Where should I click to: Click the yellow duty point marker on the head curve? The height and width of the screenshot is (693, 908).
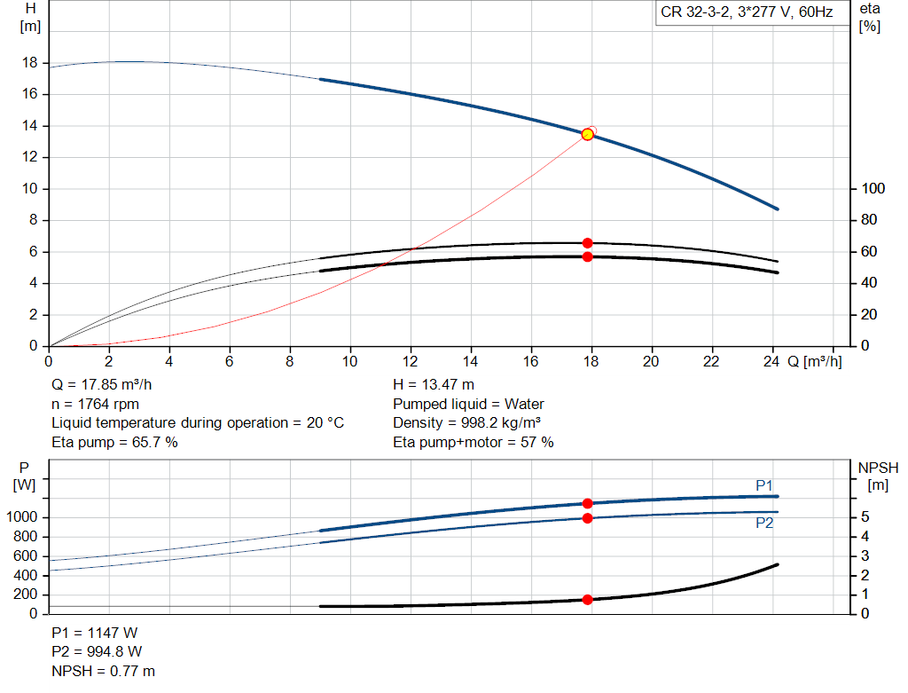click(x=587, y=134)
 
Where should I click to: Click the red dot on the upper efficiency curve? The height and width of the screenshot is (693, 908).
click(x=587, y=243)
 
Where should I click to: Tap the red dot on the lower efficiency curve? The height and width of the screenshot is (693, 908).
click(x=587, y=256)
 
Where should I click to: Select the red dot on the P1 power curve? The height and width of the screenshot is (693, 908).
click(x=587, y=503)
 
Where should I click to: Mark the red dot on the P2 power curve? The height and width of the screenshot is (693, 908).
click(x=587, y=518)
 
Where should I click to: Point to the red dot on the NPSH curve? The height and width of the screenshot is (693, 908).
click(x=587, y=600)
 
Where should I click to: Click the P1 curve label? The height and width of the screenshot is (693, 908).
click(x=763, y=485)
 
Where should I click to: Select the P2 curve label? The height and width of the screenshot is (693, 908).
click(x=763, y=524)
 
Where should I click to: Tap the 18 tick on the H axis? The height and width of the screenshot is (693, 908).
click(x=30, y=63)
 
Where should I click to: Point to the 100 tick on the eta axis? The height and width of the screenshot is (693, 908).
click(x=873, y=188)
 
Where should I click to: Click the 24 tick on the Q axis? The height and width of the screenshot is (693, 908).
click(x=771, y=361)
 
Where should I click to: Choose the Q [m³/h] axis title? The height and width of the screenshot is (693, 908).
click(x=814, y=361)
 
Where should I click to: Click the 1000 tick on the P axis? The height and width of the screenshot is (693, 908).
click(x=22, y=516)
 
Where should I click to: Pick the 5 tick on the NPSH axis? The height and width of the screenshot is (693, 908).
click(x=865, y=516)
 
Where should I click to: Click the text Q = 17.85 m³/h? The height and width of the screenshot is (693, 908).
click(x=101, y=385)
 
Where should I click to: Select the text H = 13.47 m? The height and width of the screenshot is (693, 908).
click(x=433, y=385)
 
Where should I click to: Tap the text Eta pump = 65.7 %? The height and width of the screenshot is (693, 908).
click(x=114, y=443)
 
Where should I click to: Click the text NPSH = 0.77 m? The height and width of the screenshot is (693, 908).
click(x=103, y=671)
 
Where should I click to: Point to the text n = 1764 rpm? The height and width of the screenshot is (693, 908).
click(x=95, y=405)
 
